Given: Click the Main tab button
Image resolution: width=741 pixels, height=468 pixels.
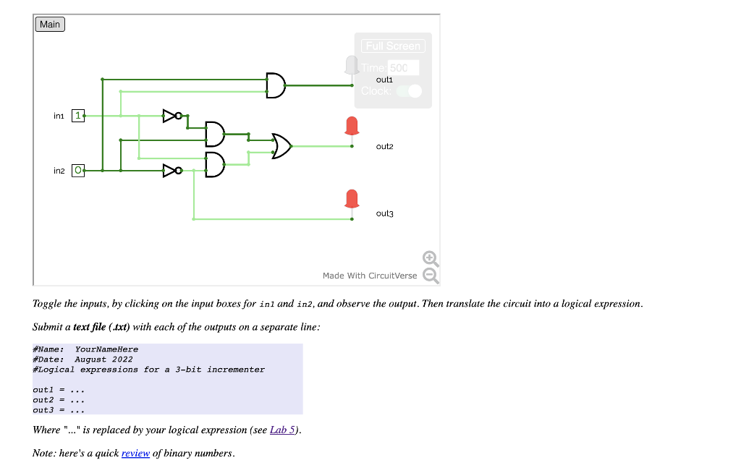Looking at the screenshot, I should tap(50, 25).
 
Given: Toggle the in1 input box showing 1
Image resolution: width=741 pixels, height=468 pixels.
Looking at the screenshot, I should tap(78, 116).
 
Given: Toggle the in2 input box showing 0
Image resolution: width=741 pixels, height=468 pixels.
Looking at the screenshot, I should tap(78, 171).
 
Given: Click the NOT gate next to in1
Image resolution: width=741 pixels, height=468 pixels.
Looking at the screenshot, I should tap(171, 115).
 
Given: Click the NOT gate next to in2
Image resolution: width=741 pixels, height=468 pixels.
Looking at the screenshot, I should tap(171, 171).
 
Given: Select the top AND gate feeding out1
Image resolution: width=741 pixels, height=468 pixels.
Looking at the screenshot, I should tap(276, 85).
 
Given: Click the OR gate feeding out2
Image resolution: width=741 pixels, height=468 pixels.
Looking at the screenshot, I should tap(281, 146).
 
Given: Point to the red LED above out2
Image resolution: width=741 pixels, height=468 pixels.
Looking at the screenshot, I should tap(352, 126).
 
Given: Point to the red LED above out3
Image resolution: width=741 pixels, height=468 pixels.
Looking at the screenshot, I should tap(352, 198).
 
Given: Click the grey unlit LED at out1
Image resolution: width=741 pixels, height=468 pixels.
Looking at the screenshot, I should tap(352, 65).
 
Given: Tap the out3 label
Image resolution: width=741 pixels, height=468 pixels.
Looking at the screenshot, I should tap(385, 213).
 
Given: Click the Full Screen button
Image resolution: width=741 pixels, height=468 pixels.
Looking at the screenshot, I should tap(393, 46).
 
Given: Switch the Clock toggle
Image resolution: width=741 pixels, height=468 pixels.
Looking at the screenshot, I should tap(409, 91).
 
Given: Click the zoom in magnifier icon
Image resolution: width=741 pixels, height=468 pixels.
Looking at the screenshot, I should tap(430, 258).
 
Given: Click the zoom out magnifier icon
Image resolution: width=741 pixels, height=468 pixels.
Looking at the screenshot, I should tap(430, 275).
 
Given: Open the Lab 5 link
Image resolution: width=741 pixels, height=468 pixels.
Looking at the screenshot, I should tap(282, 430).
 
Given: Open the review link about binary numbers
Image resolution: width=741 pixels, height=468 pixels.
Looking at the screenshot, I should tap(135, 454).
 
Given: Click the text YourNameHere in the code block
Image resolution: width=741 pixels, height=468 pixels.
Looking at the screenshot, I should tap(106, 349).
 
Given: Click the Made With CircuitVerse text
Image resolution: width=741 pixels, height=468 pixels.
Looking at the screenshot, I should tap(370, 276).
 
